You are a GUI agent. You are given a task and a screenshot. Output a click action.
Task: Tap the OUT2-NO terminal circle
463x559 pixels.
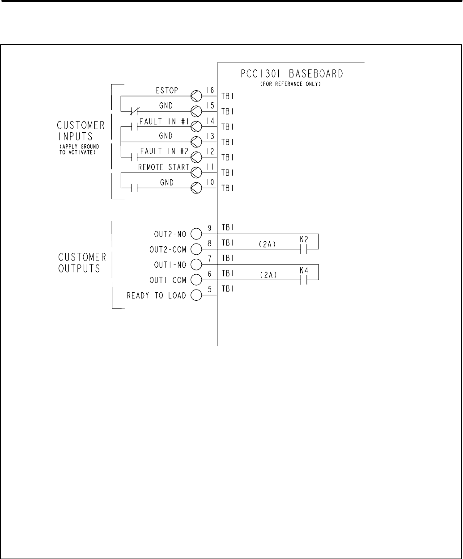196,233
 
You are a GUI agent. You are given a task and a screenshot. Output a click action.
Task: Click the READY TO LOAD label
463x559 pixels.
157,296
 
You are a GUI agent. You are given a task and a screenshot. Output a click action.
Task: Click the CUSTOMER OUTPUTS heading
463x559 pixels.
82,265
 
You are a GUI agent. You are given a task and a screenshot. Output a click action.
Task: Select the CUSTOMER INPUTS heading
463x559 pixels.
82,130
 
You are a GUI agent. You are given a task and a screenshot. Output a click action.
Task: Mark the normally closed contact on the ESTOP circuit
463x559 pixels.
132,110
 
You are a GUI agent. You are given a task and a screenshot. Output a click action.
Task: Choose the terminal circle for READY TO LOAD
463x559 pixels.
196,296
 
